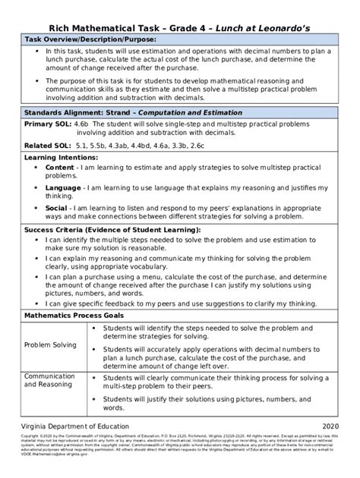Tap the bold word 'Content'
pos(60,167)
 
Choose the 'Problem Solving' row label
pos(50,344)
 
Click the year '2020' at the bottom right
pos(340,426)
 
